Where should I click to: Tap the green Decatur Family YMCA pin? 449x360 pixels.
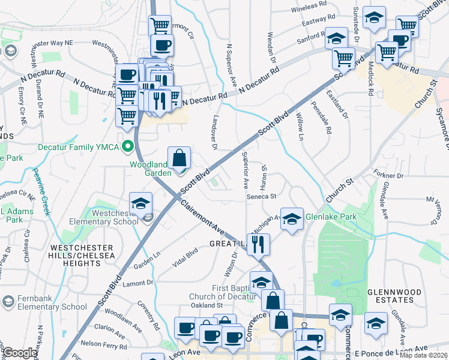pos(128,146)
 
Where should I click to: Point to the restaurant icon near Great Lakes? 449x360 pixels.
pos(259,244)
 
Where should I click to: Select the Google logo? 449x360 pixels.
pos(19,353)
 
